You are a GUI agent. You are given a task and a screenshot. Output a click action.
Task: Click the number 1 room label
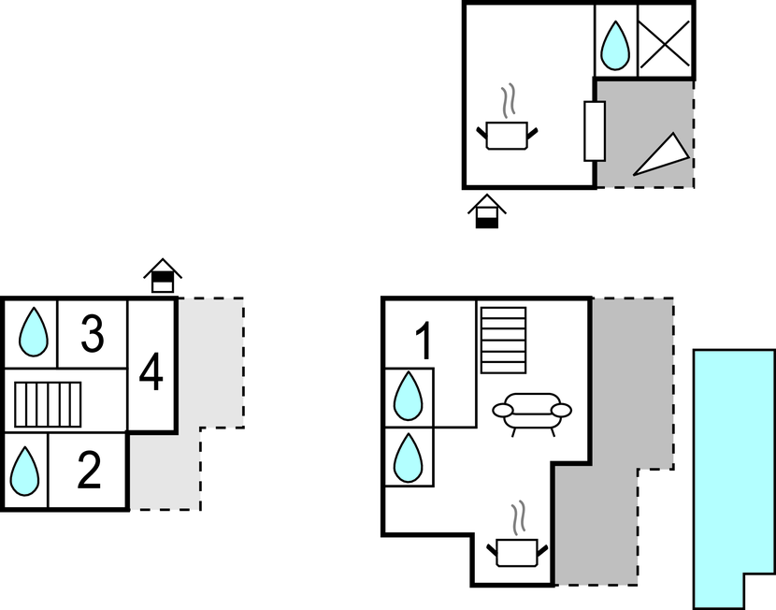(424, 341)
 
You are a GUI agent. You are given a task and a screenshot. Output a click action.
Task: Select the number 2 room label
(90, 470)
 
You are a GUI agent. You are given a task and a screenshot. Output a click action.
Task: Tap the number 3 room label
(93, 334)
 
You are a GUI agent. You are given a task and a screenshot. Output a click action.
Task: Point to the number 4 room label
(151, 371)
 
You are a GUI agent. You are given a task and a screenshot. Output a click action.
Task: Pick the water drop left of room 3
(34, 332)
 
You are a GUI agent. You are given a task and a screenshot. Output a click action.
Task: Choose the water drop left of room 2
(24, 472)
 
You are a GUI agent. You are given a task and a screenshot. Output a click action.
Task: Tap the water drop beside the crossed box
(615, 46)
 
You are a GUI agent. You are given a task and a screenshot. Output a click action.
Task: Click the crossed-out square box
(665, 44)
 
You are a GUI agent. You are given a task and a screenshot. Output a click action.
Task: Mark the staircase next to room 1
(503, 341)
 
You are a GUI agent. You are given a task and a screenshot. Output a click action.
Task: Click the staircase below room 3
(48, 404)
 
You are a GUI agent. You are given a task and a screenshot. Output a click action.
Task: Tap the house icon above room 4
(163, 276)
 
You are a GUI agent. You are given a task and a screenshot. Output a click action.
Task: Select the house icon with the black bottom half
(487, 211)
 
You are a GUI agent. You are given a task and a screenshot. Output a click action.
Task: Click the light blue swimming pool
(734, 478)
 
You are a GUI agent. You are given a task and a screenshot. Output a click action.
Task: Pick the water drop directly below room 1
(409, 397)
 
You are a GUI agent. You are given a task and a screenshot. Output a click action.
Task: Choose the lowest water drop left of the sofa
(409, 457)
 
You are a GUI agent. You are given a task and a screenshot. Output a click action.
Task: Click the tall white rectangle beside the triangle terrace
(595, 131)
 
